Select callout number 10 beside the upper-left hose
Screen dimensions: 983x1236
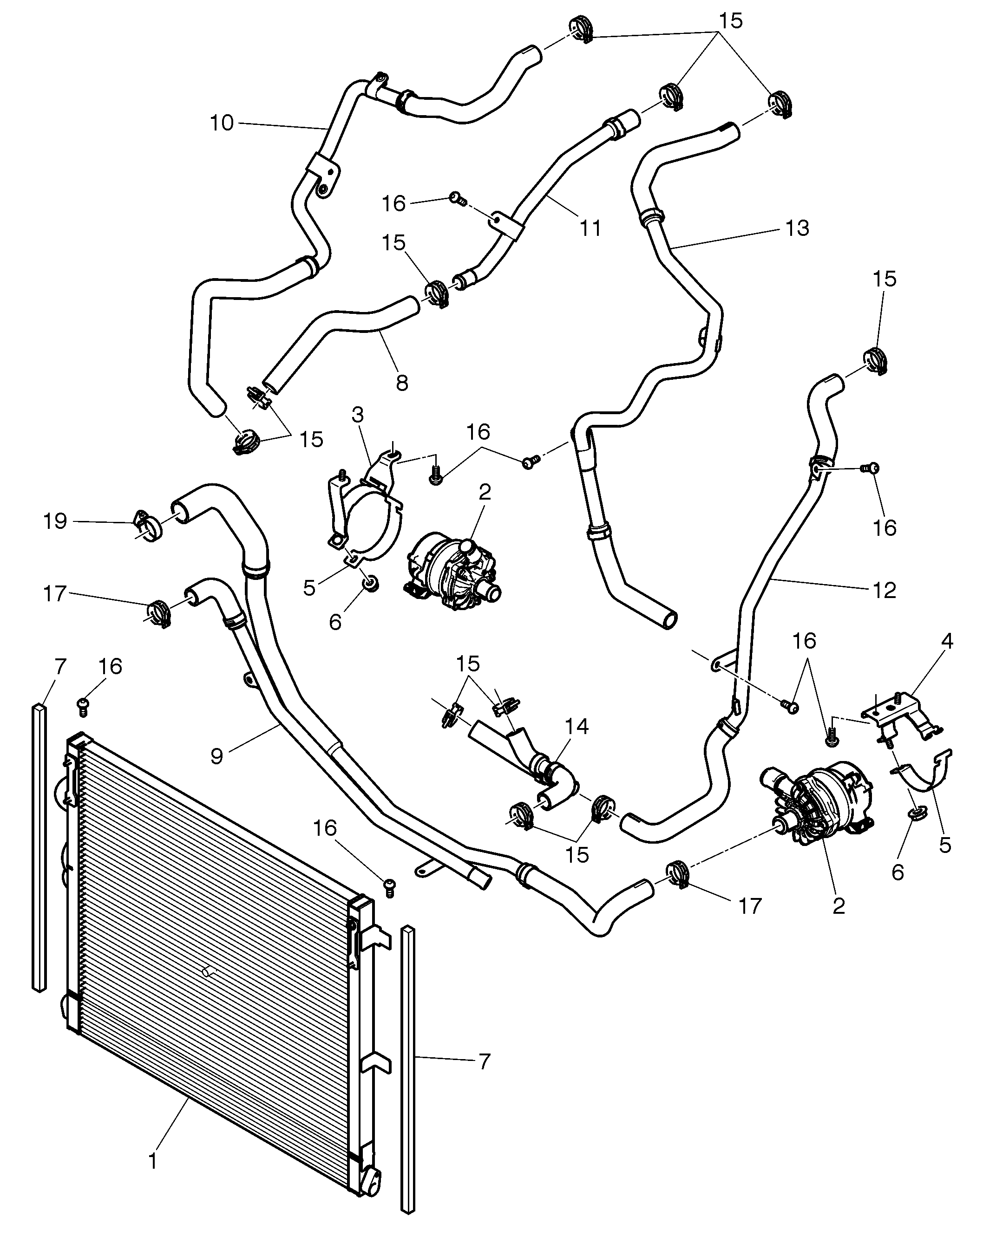click(x=222, y=123)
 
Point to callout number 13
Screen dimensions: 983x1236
click(x=797, y=228)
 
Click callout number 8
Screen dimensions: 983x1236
click(x=402, y=383)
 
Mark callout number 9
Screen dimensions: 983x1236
click(x=217, y=756)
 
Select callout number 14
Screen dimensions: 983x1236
click(x=577, y=726)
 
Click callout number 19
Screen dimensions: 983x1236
click(x=55, y=521)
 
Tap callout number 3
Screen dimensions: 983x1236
click(x=358, y=415)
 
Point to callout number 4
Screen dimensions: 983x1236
click(x=947, y=641)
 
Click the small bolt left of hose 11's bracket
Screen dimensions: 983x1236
click(x=457, y=198)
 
